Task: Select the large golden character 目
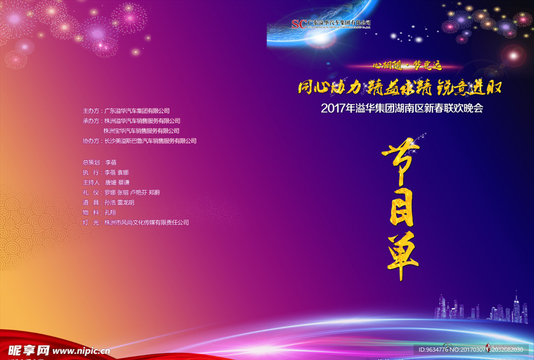click(x=401, y=206)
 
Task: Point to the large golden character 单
click(x=401, y=255)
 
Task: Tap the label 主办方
click(x=91, y=111)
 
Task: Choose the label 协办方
click(x=91, y=141)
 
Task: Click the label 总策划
click(x=91, y=163)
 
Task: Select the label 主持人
click(x=91, y=183)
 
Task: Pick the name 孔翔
click(x=110, y=212)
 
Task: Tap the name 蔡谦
click(x=124, y=183)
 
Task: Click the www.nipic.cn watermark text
click(x=81, y=351)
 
